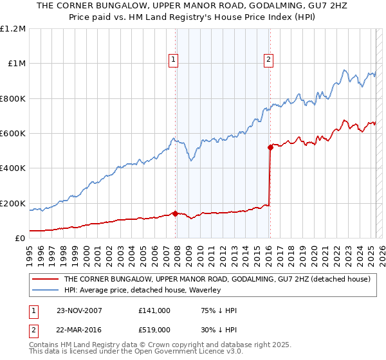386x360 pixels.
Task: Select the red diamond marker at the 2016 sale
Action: [270, 147]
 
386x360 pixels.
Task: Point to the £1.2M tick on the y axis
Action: [13, 29]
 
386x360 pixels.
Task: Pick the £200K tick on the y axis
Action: [13, 203]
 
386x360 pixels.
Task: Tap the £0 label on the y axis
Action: [21, 238]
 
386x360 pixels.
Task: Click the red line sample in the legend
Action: [46, 279]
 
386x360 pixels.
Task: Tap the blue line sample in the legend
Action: [46, 290]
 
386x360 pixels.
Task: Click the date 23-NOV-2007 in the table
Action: [79, 310]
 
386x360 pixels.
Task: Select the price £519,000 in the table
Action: [154, 329]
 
